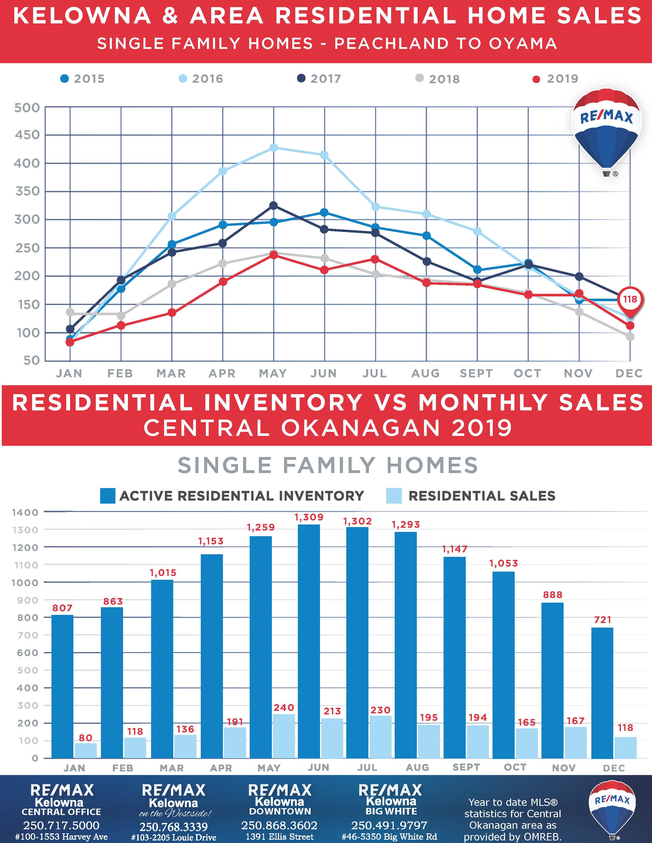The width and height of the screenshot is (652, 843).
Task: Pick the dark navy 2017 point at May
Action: click(273, 206)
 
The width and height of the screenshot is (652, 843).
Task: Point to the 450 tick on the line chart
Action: click(27, 135)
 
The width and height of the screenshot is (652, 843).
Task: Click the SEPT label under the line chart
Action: click(476, 373)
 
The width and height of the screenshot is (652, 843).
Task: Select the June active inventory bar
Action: click(309, 641)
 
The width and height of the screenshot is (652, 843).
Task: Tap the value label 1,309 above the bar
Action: click(309, 517)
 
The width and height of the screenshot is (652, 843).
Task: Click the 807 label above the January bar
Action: click(62, 608)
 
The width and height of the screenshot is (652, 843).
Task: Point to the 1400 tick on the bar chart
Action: click(25, 513)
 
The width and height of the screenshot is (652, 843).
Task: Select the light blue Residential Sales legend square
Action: click(394, 496)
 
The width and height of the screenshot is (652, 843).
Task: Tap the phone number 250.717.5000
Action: click(61, 825)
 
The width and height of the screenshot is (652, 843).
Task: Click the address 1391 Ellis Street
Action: click(280, 836)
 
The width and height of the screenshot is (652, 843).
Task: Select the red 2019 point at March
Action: click(172, 313)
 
